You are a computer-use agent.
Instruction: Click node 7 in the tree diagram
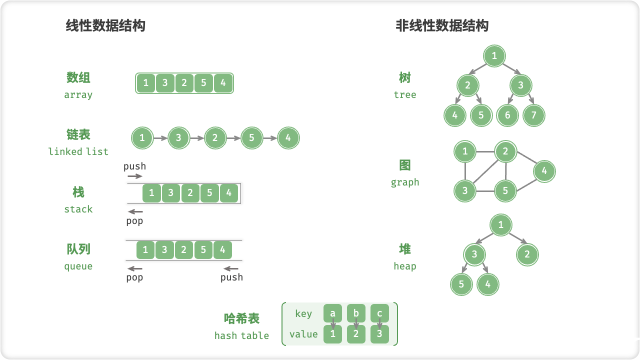[x=533, y=115]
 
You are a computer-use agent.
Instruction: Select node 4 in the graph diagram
[x=544, y=171]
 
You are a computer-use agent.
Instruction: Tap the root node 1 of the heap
[x=500, y=225]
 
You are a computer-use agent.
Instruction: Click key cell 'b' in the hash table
[x=356, y=313]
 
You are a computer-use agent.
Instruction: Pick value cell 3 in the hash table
[x=379, y=334]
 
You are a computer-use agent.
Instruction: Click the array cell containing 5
[x=203, y=83]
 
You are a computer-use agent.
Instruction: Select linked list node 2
[x=215, y=138]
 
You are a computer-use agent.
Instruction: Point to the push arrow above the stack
[x=134, y=176]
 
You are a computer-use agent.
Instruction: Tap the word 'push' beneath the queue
[x=231, y=277]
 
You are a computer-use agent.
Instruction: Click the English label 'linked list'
[x=78, y=151]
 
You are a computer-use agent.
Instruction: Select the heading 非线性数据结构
[x=442, y=26]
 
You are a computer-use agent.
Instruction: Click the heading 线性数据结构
[x=105, y=26]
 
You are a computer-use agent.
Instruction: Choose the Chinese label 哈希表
[x=241, y=318]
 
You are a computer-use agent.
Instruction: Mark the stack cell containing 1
[x=151, y=193]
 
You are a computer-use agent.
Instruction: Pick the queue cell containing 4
[x=222, y=249]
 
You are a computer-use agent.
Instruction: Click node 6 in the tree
[x=507, y=115]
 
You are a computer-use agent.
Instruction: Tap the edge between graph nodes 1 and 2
[x=485, y=151]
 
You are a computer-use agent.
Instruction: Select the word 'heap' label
[x=404, y=266]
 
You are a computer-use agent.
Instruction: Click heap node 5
[x=461, y=284]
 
